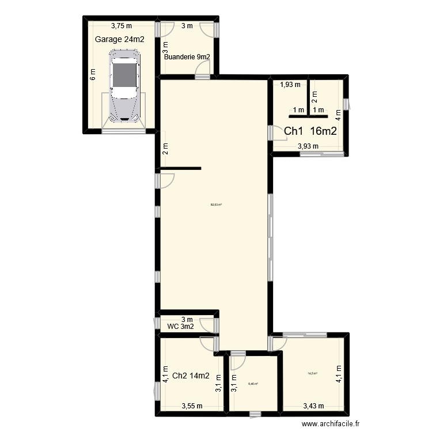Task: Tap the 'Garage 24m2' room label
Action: tap(119, 39)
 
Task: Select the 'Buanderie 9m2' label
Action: tap(187, 57)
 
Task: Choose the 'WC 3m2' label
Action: tap(180, 327)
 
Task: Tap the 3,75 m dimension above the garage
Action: tap(122, 25)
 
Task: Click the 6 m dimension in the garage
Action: tap(92, 75)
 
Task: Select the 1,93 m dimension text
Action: tap(290, 85)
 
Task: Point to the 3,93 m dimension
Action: tap(308, 146)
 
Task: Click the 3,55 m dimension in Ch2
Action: tap(192, 406)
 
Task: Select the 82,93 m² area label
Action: tap(217, 204)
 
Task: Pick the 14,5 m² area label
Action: tap(312, 373)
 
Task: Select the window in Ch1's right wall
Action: tap(346, 104)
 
